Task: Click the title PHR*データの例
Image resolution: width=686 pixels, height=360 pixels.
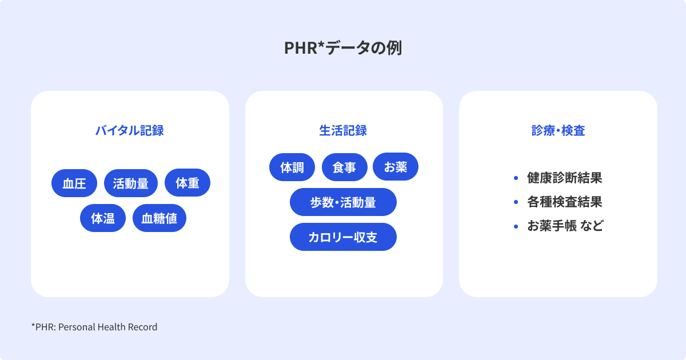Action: click(343, 48)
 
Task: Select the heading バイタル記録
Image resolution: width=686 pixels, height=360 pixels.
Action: click(130, 131)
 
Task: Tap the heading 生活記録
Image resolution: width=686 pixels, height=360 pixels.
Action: click(343, 131)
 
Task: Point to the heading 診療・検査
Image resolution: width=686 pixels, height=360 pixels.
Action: click(558, 131)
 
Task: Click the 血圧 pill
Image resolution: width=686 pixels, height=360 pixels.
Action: click(74, 183)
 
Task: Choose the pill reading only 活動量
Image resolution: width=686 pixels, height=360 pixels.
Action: click(131, 183)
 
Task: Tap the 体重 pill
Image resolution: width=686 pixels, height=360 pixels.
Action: click(188, 183)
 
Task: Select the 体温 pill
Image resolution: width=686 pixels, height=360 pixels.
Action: click(103, 218)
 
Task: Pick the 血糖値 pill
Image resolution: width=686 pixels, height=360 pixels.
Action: click(159, 218)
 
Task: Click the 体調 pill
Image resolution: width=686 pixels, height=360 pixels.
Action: click(292, 167)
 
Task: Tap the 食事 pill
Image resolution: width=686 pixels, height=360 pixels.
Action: click(345, 167)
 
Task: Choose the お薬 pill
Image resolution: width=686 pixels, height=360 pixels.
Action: click(396, 166)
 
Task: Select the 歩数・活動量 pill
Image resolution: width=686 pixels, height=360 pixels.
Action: click(343, 202)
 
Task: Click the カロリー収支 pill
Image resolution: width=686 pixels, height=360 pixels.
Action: click(343, 237)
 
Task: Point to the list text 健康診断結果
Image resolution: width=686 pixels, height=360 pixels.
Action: click(564, 178)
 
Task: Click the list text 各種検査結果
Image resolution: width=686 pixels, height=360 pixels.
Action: click(564, 202)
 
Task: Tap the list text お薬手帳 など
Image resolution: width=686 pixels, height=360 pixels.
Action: click(565, 226)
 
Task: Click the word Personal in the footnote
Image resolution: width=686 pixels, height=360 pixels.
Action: click(77, 327)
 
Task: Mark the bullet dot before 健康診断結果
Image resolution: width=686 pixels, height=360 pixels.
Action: click(516, 178)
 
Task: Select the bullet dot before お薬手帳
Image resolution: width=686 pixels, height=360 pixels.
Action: click(516, 226)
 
